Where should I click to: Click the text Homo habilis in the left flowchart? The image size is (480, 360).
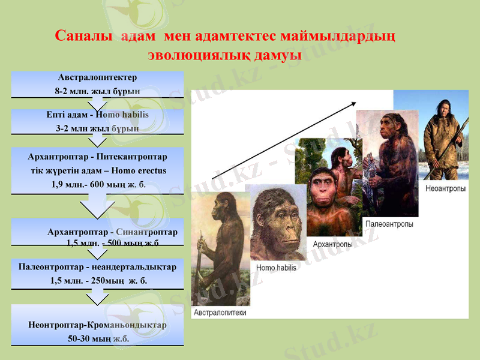point(122,114)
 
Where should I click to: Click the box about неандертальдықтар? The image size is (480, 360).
point(97,274)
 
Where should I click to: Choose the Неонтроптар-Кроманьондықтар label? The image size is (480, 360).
point(97,325)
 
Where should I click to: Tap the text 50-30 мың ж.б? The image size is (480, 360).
point(98,338)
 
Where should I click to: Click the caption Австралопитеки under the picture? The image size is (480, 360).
point(220,313)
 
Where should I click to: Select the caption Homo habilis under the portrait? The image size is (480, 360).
point(276,268)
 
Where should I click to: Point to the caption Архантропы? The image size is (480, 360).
point(332,244)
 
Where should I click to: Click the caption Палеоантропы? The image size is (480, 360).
point(389,224)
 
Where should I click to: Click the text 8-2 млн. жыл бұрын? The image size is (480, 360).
point(97,92)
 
